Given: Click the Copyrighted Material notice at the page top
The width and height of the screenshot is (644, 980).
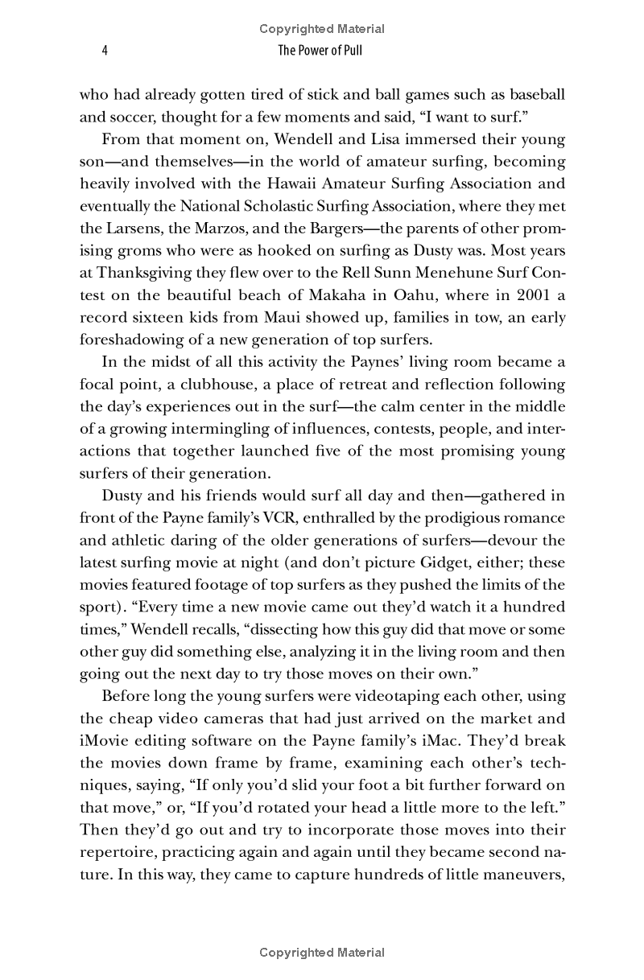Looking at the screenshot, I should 322,29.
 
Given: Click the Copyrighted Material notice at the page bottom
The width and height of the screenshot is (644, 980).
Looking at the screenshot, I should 322,953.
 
